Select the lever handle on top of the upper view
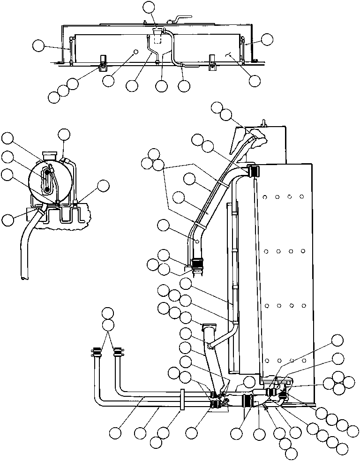click(175, 20)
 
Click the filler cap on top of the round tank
click(49, 154)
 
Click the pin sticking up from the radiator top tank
click(264, 123)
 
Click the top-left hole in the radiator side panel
click(266, 197)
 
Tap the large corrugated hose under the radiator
click(248, 401)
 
